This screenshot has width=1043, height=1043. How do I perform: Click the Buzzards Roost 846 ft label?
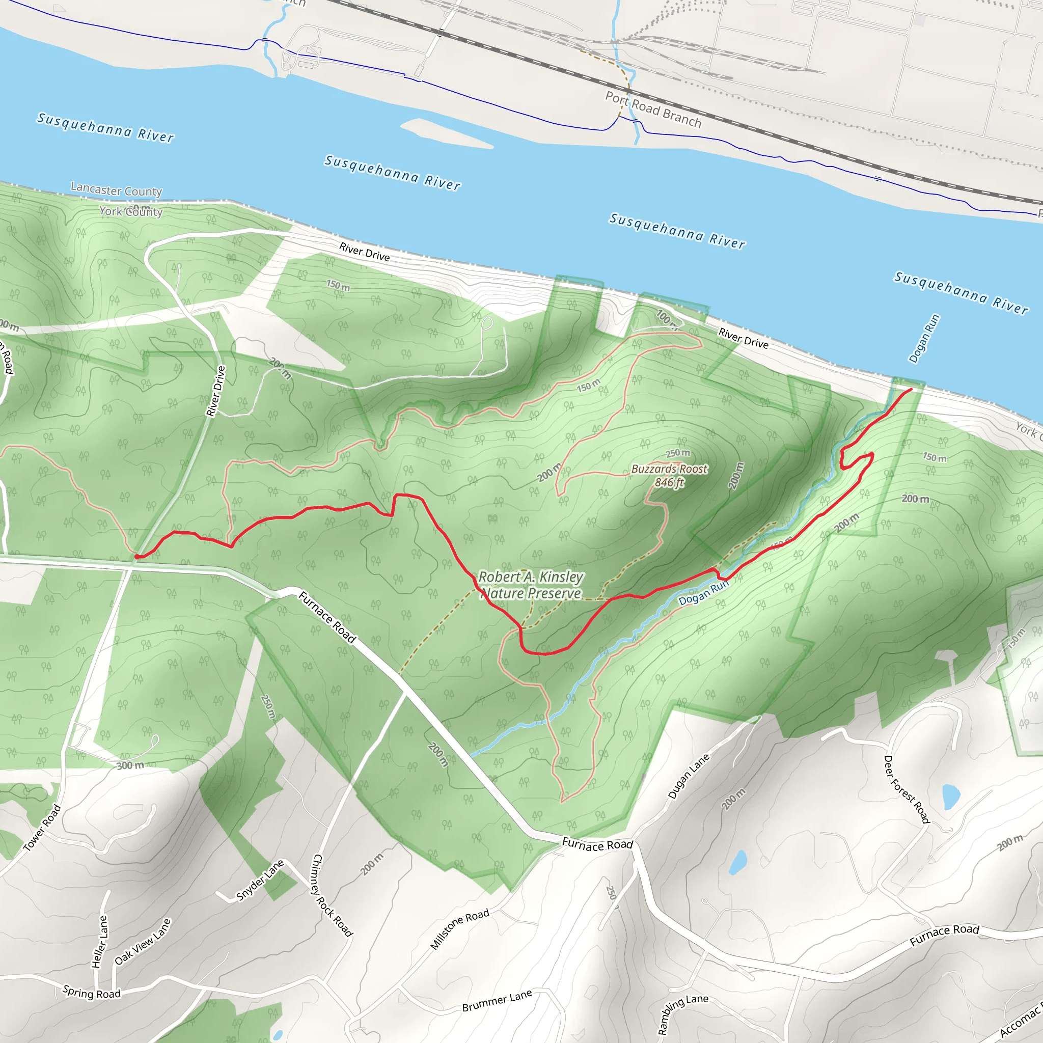[x=669, y=476]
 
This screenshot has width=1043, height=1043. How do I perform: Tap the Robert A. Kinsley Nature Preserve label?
[x=531, y=585]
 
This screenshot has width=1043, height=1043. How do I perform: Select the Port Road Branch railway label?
[x=653, y=109]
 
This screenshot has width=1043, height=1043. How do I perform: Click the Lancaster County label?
[x=116, y=190]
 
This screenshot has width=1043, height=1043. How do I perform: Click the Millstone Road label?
[x=459, y=928]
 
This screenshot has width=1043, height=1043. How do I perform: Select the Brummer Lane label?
[x=497, y=1000]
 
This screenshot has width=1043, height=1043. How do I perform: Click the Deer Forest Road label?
[x=907, y=789]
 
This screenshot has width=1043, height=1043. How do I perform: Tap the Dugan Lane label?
[x=689, y=776]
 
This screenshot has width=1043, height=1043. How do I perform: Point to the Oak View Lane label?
[x=143, y=942]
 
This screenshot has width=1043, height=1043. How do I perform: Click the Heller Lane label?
[x=100, y=942]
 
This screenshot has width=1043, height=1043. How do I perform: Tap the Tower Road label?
[x=43, y=828]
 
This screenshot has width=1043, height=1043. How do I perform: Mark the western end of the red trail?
[x=137, y=557]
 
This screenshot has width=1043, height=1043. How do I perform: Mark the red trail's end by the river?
[x=911, y=389]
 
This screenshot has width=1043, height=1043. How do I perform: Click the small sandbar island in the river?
[x=446, y=132]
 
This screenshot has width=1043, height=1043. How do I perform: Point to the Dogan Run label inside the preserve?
[x=703, y=593]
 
